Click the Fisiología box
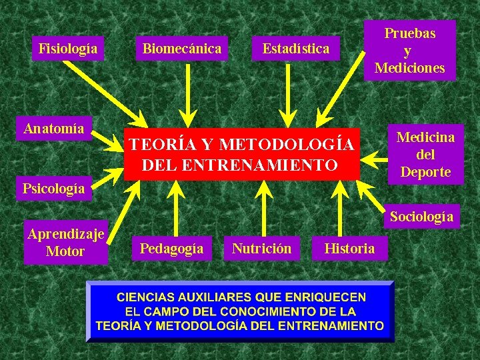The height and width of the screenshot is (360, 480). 68,49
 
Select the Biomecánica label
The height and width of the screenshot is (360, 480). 181,49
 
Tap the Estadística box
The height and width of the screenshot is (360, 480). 295,49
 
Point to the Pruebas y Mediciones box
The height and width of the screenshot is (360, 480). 409,50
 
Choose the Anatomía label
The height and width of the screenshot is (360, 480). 54,128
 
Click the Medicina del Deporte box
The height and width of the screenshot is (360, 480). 425,155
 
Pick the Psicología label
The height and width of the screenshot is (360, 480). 53,188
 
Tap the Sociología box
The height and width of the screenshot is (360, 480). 421,216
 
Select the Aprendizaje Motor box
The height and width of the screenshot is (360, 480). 65,242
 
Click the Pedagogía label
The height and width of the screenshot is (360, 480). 171,249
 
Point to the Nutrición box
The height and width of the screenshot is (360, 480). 261,249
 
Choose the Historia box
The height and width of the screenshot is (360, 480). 349,249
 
